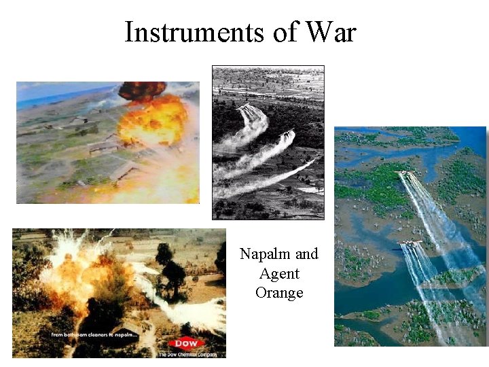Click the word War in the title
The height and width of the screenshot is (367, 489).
click(x=330, y=32)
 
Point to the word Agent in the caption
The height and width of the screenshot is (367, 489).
click(x=279, y=274)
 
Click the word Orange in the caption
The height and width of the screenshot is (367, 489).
click(x=279, y=293)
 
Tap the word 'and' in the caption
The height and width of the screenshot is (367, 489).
click(x=306, y=254)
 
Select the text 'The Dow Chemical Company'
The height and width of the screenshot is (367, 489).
click(x=186, y=354)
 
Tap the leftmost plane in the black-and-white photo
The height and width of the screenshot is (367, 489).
click(x=247, y=107)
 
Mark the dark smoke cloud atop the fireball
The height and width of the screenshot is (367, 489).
click(x=141, y=90)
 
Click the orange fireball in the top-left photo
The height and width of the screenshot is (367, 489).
click(x=153, y=121)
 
